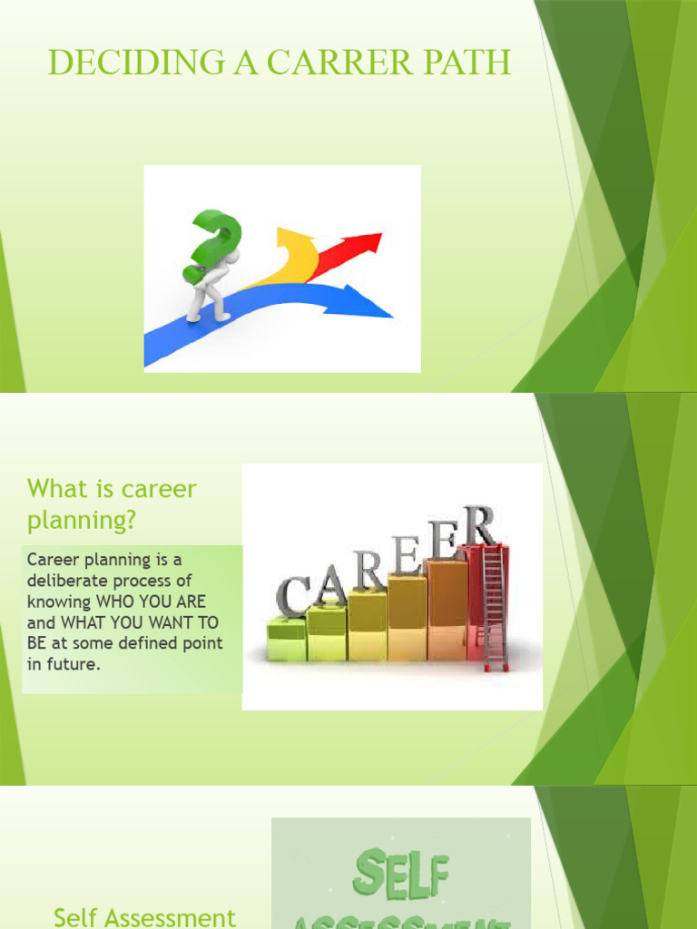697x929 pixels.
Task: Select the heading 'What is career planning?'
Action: click(x=112, y=504)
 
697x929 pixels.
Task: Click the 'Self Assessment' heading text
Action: click(x=144, y=916)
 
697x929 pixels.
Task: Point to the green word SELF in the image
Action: click(x=400, y=876)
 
